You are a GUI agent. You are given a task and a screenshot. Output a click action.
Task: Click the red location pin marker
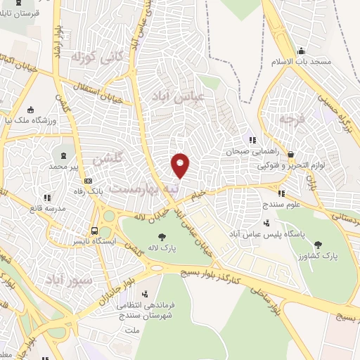181,165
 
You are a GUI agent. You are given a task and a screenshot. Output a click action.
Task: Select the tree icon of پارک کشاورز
321,245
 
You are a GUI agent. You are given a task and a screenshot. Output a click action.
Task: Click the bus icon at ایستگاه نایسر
94,231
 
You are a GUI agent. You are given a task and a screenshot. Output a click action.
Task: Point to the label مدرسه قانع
47,208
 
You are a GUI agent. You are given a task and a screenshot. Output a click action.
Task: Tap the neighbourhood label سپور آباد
71,281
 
